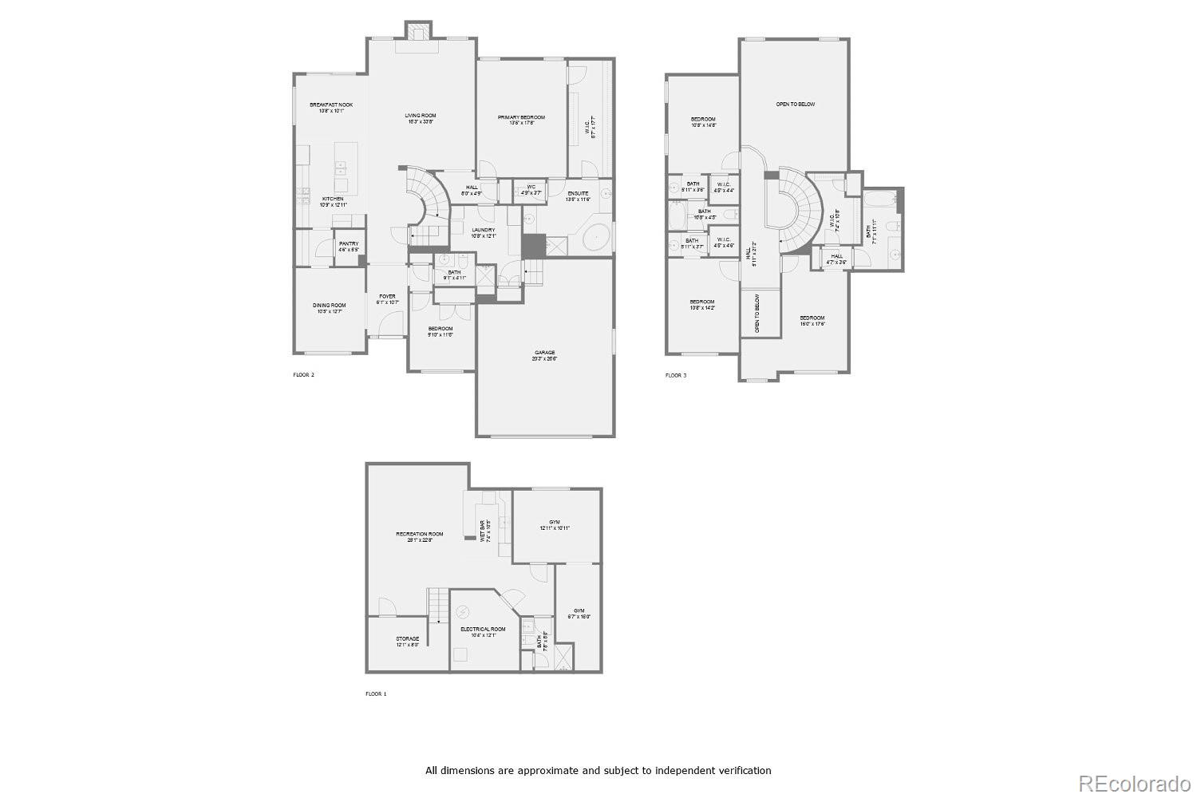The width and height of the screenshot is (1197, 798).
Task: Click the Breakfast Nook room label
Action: pyautogui.click(x=331, y=105)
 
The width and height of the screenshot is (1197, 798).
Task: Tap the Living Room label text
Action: pyautogui.click(x=421, y=117)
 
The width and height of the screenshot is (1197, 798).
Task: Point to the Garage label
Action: pyautogui.click(x=545, y=353)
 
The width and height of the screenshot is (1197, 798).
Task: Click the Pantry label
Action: pyautogui.click(x=349, y=244)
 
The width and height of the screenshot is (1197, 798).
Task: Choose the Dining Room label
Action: pyautogui.click(x=329, y=305)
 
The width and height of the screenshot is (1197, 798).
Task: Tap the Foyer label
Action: pyautogui.click(x=387, y=297)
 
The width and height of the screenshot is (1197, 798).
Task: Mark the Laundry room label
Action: pyautogui.click(x=483, y=231)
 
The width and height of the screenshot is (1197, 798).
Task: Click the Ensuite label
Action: pyautogui.click(x=579, y=193)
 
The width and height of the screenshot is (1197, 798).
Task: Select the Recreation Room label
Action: pyautogui.click(x=420, y=535)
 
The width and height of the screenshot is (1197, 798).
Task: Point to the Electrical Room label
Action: pyautogui.click(x=483, y=630)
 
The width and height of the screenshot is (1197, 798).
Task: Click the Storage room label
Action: pyautogui.click(x=408, y=639)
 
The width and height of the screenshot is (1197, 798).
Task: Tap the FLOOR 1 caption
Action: pyautogui.click(x=376, y=694)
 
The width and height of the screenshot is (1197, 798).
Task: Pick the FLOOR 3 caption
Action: pyautogui.click(x=675, y=375)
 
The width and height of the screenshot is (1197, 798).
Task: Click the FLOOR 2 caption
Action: pyautogui.click(x=303, y=374)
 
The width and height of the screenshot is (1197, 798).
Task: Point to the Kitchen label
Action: pyautogui.click(x=333, y=199)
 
